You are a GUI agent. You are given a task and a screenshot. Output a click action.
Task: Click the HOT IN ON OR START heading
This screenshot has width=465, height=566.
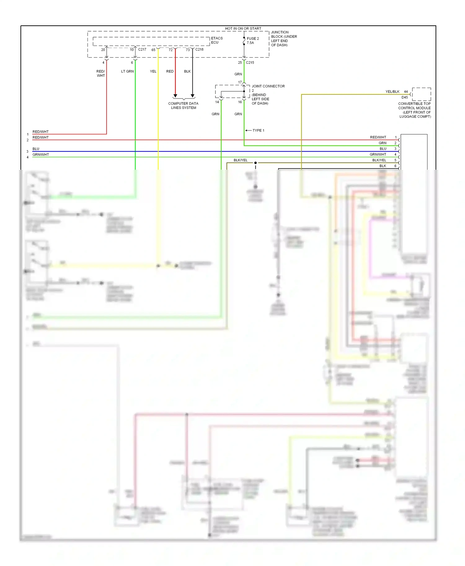coord(243,28)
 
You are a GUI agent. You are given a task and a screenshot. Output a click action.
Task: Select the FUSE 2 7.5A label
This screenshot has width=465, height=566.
coord(253,41)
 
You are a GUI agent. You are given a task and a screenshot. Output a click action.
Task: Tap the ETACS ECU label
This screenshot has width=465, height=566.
coord(217,40)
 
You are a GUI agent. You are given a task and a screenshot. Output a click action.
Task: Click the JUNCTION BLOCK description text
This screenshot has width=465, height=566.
coord(284,39)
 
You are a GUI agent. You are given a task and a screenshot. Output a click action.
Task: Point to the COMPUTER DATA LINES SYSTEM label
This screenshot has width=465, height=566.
coord(183,106)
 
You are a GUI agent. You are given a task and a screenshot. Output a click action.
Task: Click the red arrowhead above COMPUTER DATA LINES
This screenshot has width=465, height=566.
coord(175,96)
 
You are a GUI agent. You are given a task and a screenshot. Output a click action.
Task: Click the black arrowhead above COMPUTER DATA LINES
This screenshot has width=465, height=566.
coord(193,96)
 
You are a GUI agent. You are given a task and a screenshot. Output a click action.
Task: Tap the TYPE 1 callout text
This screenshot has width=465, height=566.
coord(258,130)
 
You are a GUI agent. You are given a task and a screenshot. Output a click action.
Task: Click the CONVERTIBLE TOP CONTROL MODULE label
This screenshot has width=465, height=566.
coord(414,110)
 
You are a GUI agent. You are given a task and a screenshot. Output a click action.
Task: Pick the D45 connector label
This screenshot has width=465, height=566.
coord(405,97)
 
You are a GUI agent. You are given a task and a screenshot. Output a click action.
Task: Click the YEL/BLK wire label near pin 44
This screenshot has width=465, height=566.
coord(392,92)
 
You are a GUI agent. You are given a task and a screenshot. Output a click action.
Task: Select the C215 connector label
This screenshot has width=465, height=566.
coord(250,63)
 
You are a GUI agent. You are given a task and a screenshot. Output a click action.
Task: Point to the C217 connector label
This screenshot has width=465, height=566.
coord(142,50)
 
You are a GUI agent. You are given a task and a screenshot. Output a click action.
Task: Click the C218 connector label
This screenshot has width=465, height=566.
coord(199,50)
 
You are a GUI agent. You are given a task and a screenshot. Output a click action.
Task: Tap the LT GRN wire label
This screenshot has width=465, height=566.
coord(127,72)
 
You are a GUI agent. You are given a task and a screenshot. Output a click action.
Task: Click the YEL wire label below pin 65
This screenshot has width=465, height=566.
coord(153,72)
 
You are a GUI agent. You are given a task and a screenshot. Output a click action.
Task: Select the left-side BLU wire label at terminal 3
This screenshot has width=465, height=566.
coord(36,149)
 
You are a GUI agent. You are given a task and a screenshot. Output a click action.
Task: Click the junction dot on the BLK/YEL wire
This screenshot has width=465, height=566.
coord(255,163)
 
